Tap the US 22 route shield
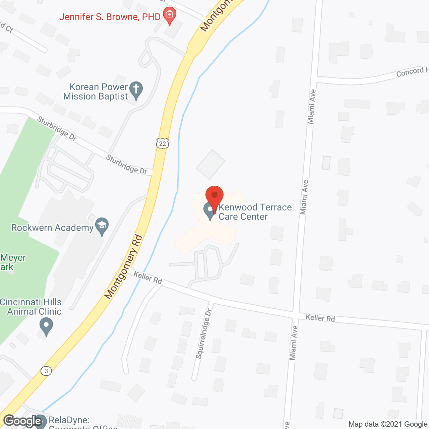[163, 143]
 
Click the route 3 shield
[46, 371]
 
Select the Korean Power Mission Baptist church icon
[136, 90]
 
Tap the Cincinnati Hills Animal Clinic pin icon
[46, 326]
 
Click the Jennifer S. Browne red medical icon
[170, 15]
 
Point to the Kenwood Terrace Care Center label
[255, 212]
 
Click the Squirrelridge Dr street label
[204, 334]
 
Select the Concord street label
[412, 71]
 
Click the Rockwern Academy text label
[52, 228]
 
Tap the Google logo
[22, 421]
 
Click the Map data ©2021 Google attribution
[388, 424]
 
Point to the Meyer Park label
[13, 262]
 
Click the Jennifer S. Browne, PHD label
[110, 17]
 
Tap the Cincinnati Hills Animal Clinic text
[31, 307]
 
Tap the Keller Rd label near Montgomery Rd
[148, 278]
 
